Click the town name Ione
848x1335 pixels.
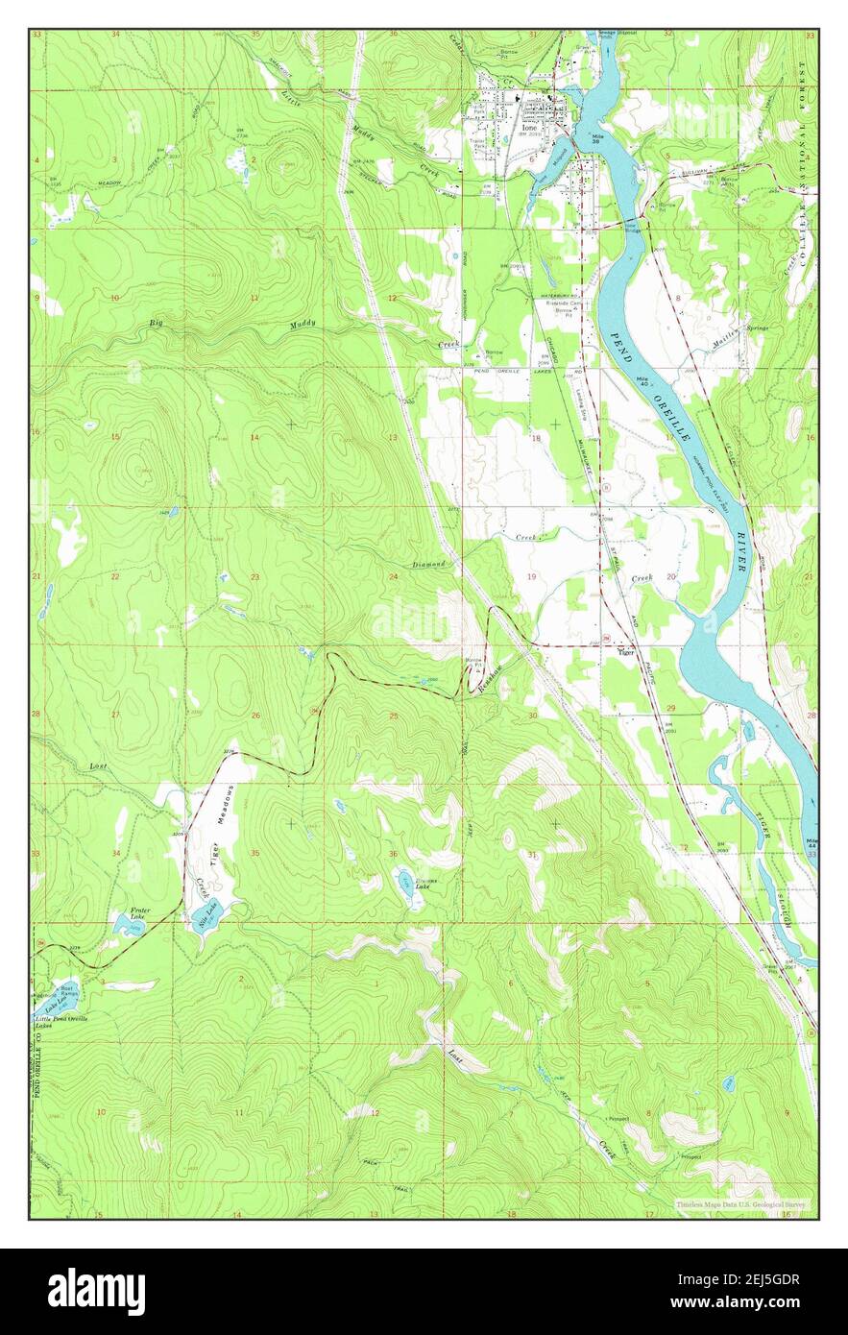click(529, 126)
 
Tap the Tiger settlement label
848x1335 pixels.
click(626, 652)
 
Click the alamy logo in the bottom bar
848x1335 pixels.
click(96, 1291)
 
